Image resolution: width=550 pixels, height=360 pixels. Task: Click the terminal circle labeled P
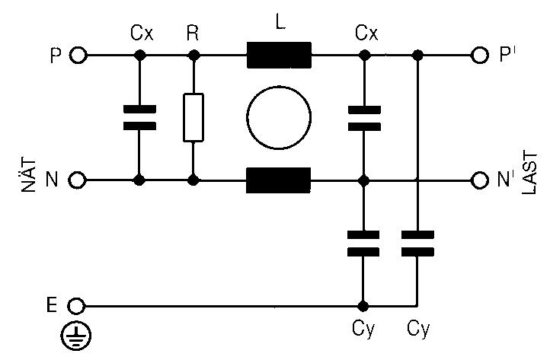tap(77, 56)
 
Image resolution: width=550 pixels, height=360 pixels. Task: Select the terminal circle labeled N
tap(77, 180)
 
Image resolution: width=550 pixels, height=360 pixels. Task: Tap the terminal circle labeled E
tap(77, 306)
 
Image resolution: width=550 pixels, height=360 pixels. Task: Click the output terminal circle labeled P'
tap(479, 56)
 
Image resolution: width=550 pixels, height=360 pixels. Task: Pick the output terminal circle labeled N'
tap(479, 180)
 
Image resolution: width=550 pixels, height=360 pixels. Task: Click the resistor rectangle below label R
tap(194, 118)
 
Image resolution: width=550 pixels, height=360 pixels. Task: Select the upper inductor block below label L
tap(279, 56)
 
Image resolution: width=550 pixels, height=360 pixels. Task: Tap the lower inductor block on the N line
tap(279, 180)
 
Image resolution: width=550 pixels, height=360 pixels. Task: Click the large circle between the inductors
tap(279, 118)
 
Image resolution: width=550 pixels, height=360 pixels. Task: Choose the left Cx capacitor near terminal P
tap(139, 118)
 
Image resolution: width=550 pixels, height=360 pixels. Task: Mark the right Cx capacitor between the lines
tap(363, 118)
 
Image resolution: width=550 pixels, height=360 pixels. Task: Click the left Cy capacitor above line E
tap(363, 244)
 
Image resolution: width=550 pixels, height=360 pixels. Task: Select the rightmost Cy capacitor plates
tap(417, 244)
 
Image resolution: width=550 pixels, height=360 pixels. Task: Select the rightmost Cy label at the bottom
tap(418, 330)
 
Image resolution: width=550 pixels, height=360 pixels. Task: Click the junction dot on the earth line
tap(363, 306)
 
